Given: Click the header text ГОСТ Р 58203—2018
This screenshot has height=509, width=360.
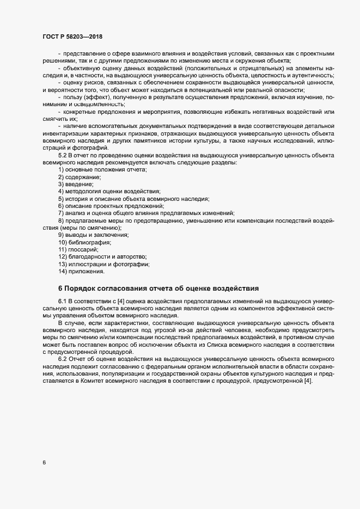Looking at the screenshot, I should coord(71,36).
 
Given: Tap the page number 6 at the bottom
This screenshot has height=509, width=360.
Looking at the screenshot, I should coord(44,463).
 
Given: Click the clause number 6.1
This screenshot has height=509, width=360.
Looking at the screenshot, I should coord(62,301).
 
